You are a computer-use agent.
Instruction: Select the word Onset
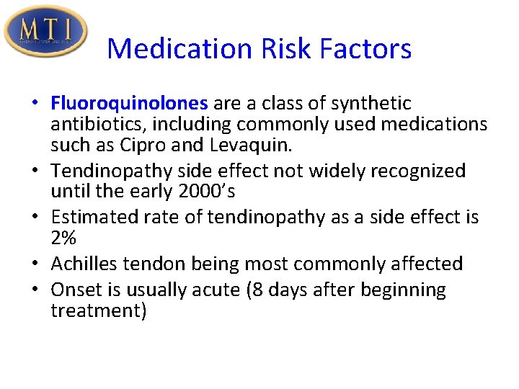click(72, 290)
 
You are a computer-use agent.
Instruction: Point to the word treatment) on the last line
click(99, 311)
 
